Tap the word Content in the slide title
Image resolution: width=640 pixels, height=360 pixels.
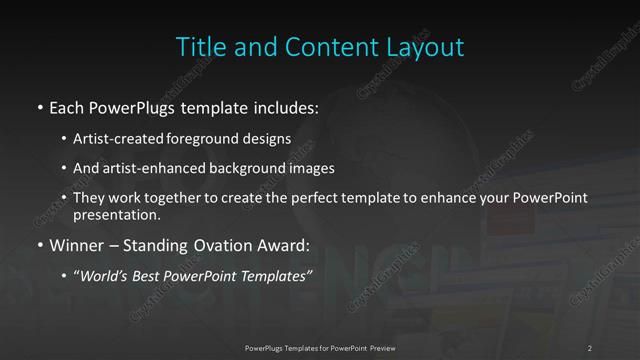tap(317, 47)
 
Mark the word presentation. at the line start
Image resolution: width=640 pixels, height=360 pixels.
tap(114, 214)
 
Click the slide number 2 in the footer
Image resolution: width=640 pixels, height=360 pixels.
tap(590, 347)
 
